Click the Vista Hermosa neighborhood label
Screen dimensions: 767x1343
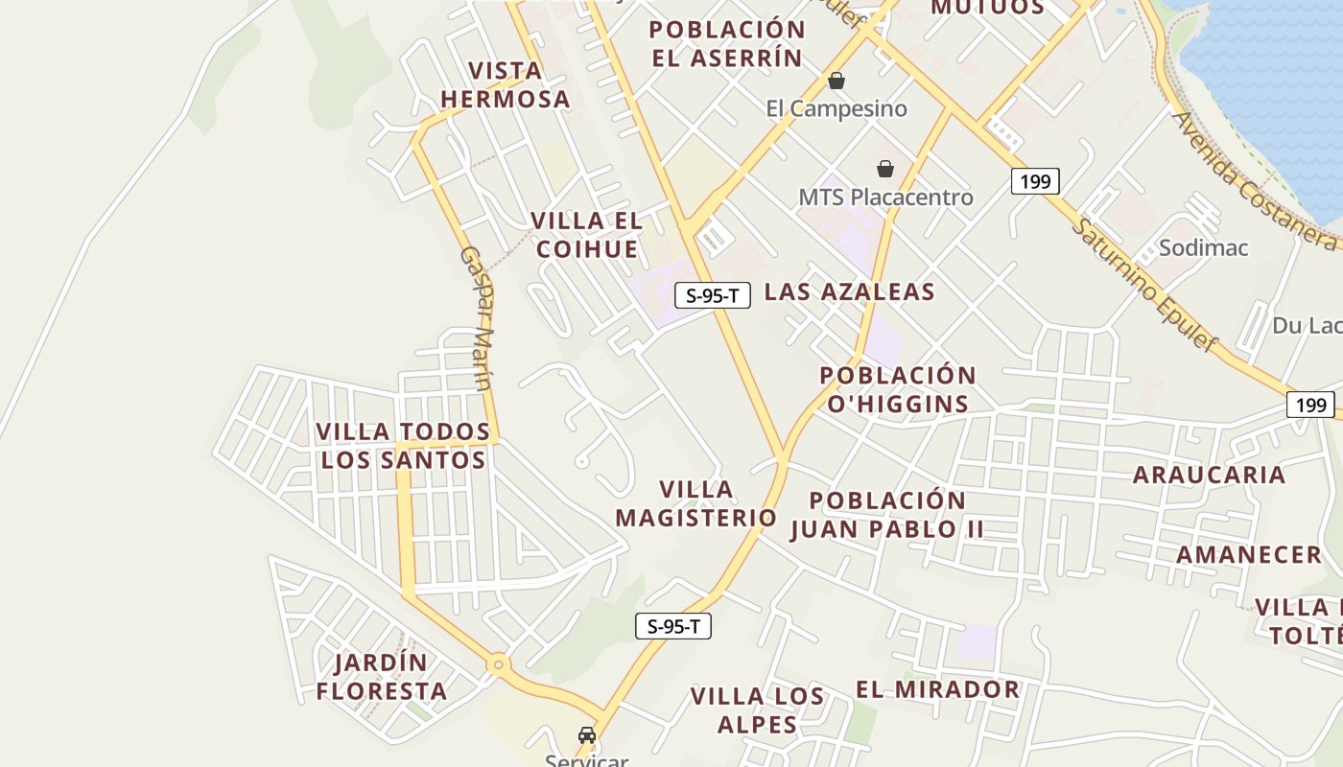pyautogui.click(x=505, y=84)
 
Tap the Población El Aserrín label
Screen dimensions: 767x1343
pyautogui.click(x=727, y=43)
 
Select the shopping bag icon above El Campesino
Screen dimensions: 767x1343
pyautogui.click(x=836, y=81)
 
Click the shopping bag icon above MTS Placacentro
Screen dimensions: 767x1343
pyautogui.click(x=885, y=169)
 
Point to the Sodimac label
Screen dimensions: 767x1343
pyautogui.click(x=1203, y=247)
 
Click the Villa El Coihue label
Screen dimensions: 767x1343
pyautogui.click(x=587, y=235)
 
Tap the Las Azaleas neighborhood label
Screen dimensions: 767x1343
pyautogui.click(x=849, y=291)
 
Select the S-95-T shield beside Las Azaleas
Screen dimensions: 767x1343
pyautogui.click(x=712, y=295)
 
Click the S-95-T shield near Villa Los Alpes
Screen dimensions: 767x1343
pyautogui.click(x=672, y=627)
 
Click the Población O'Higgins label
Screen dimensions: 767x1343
pyautogui.click(x=898, y=389)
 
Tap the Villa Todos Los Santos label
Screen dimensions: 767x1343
pyautogui.click(x=403, y=446)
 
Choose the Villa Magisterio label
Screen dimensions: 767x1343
pyautogui.click(x=695, y=503)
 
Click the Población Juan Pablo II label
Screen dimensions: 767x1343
pyautogui.click(x=887, y=515)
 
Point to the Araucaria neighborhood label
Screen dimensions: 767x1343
pyautogui.click(x=1208, y=475)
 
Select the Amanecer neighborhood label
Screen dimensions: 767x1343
pyautogui.click(x=1249, y=554)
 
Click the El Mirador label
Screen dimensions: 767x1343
pyautogui.click(x=937, y=689)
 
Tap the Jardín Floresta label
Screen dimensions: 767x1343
pyautogui.click(x=382, y=677)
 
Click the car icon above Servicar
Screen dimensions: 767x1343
pyautogui.click(x=586, y=735)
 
